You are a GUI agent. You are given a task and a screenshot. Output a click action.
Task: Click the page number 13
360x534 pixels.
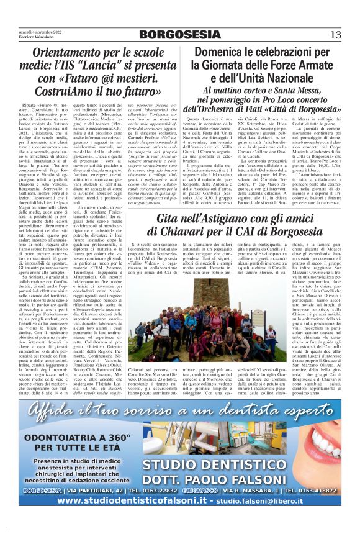point(335,34)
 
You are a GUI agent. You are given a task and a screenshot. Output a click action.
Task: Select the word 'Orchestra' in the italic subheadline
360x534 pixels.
point(248,109)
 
